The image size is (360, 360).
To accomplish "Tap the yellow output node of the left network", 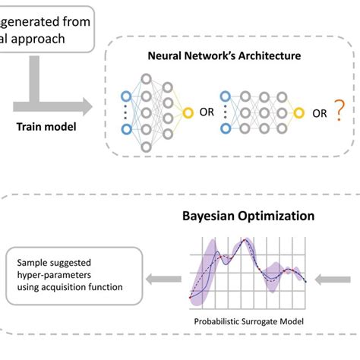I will click(188, 114).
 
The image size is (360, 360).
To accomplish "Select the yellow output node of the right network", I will click(300, 114).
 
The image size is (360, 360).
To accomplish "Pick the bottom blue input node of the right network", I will click(223, 129).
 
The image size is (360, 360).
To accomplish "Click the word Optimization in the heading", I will click(276, 216).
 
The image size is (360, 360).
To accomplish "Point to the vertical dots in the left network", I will click(126, 114).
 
